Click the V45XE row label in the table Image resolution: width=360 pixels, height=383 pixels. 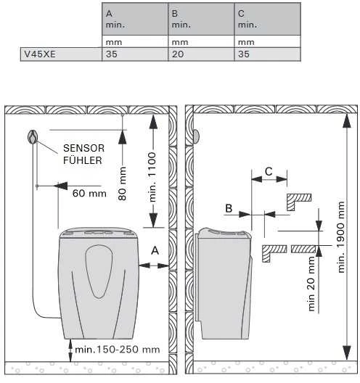pos(40,54)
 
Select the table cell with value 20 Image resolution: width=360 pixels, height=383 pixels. pos(201,54)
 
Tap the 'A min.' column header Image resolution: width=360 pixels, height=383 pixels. pos(135,19)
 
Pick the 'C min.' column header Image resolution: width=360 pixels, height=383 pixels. pos(267,19)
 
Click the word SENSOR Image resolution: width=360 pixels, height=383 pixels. pos(83,148)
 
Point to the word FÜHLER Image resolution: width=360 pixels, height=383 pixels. pos(83,160)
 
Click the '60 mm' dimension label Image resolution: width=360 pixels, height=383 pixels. pos(89,194)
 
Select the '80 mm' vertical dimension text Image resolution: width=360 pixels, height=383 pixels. pos(122,184)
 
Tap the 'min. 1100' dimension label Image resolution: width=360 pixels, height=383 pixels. pos(152,177)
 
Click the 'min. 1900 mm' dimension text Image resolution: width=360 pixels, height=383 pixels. pos(341,237)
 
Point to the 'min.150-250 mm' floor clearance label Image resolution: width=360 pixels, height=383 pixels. pos(118,350)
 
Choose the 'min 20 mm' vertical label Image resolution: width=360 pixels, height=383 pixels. pos(311,284)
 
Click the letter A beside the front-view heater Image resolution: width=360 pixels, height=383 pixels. pos(155,250)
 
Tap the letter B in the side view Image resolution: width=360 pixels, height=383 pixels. pos(229,208)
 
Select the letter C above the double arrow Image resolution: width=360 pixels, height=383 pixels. pos(269,171)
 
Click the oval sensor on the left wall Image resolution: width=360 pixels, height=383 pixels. pos(33,137)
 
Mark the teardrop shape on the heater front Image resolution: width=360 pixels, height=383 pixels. pos(99,271)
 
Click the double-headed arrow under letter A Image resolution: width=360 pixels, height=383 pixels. pos(154,265)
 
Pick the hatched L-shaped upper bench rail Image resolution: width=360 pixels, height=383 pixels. pos(298,202)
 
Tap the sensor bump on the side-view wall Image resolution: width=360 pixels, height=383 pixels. pos(196,136)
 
